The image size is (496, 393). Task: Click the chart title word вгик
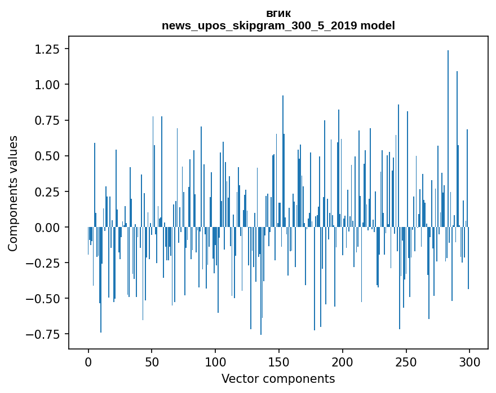(x=278, y=14)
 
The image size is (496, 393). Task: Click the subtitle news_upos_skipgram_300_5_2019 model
(x=278, y=26)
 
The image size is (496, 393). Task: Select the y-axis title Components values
(x=13, y=193)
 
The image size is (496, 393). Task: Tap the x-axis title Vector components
(x=278, y=379)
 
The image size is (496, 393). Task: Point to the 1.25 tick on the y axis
(x=47, y=49)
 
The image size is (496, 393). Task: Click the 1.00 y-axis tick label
(x=47, y=85)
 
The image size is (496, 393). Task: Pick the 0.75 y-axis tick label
(x=47, y=120)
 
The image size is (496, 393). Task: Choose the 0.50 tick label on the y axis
(x=47, y=156)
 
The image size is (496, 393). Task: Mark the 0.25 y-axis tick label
(x=47, y=191)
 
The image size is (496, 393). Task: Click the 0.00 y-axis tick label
(x=47, y=227)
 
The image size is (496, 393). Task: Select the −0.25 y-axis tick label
(x=44, y=263)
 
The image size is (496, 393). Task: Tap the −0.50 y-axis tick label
(x=44, y=298)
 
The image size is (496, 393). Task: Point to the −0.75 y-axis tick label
(x=44, y=334)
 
